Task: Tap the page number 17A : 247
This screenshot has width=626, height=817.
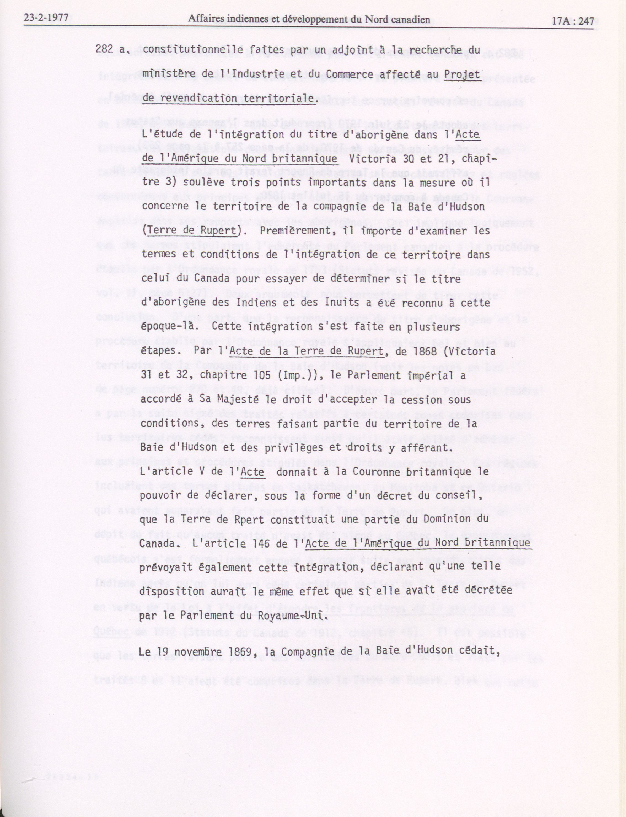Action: [x=573, y=21]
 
